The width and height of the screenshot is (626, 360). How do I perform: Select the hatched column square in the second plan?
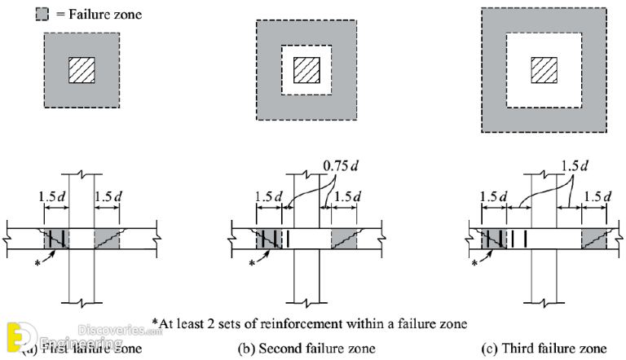click(306, 69)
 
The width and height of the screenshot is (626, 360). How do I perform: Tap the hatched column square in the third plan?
click(544, 70)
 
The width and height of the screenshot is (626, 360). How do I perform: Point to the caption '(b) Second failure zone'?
click(306, 349)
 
